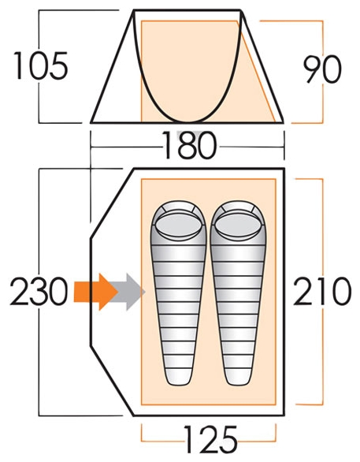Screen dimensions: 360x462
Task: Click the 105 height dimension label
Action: (x=41, y=65)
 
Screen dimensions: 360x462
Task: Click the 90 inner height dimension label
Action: (x=322, y=69)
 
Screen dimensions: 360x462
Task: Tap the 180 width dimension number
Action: (x=190, y=145)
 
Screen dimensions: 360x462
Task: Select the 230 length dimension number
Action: (x=39, y=291)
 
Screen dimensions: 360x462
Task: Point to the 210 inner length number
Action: (x=322, y=291)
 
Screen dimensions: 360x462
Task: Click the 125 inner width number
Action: (x=210, y=440)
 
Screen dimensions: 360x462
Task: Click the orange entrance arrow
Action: (x=95, y=292)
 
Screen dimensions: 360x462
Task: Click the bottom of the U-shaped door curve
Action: (x=187, y=121)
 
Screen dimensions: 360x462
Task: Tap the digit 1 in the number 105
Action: (x=19, y=65)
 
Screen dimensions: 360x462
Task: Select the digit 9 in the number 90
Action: (x=313, y=69)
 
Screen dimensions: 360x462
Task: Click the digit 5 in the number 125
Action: (x=228, y=440)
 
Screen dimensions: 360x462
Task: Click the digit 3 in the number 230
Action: (x=39, y=291)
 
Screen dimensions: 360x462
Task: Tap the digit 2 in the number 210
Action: (x=303, y=291)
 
